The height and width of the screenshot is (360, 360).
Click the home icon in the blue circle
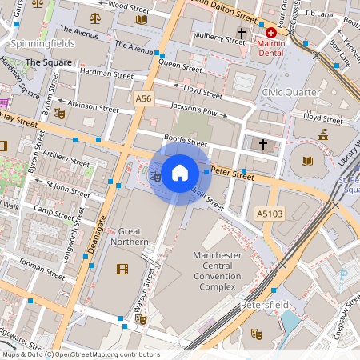(180, 172)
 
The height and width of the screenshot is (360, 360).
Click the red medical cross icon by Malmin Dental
(271, 34)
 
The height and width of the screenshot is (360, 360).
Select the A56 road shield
(142, 98)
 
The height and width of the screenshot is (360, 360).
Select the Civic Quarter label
(290, 91)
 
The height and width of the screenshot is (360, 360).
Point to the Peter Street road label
(233, 174)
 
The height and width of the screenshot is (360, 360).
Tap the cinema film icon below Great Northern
(122, 269)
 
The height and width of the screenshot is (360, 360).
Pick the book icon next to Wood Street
(142, 18)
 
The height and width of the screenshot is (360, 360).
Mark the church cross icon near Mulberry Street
(241, 34)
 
